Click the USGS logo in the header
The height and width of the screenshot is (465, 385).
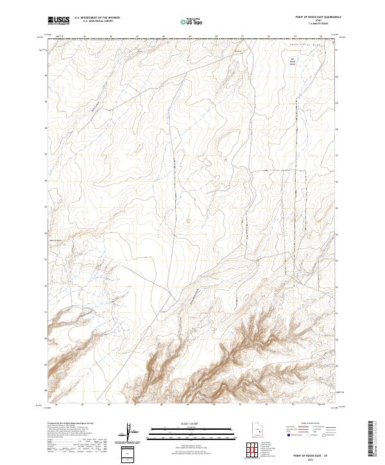(x=58, y=21)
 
